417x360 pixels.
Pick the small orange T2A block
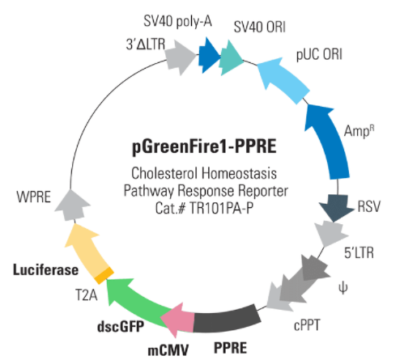click(104, 275)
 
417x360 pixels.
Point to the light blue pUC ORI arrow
click(283, 78)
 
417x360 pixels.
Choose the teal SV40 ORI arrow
click(230, 58)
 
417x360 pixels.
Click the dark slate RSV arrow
click(336, 207)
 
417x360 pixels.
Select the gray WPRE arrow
click(72, 205)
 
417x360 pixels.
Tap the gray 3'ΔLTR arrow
click(180, 57)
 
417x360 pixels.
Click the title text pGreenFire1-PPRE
click(204, 146)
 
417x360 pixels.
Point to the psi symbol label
click(343, 288)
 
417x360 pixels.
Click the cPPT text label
click(307, 325)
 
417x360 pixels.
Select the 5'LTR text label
click(359, 253)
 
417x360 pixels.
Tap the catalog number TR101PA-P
click(221, 208)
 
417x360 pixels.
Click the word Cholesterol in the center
click(164, 173)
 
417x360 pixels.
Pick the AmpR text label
click(359, 132)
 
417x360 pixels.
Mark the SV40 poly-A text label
click(177, 21)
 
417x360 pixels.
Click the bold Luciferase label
click(46, 270)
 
